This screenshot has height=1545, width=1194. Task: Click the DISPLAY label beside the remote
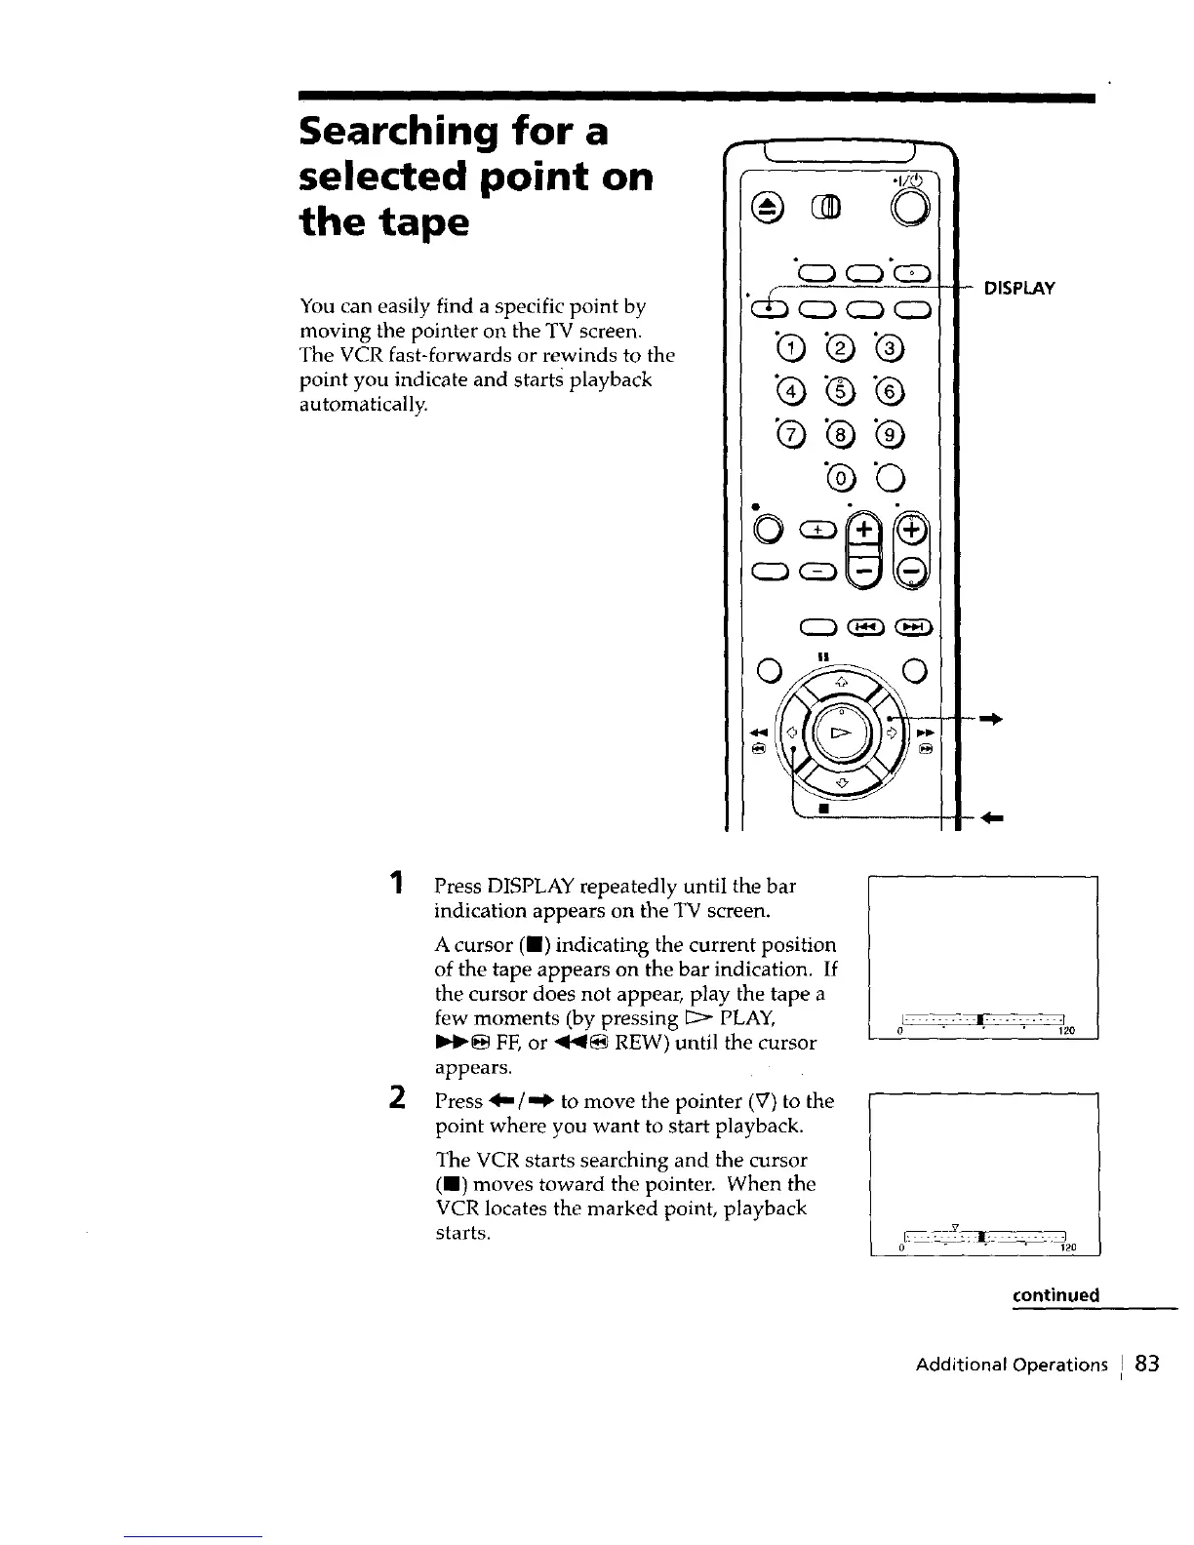[x=1019, y=288]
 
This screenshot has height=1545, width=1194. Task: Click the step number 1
[x=396, y=885]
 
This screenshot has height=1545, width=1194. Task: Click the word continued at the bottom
[x=1055, y=1295]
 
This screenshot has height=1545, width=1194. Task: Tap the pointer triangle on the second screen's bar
[x=956, y=1226]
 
